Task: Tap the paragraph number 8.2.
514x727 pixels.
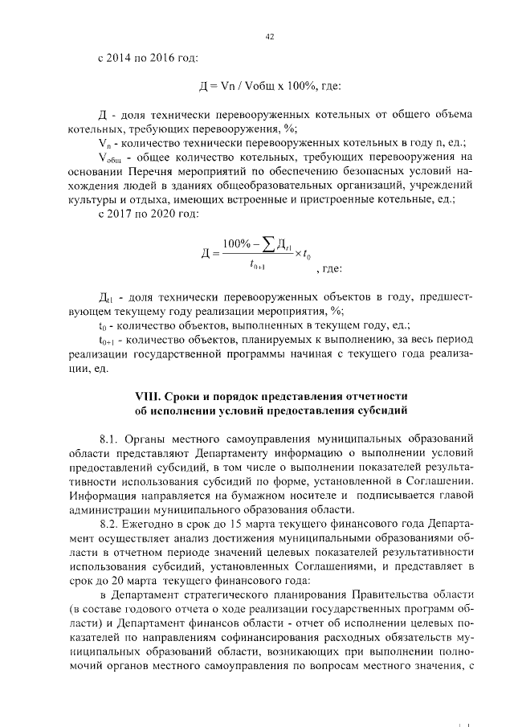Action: (110, 523)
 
